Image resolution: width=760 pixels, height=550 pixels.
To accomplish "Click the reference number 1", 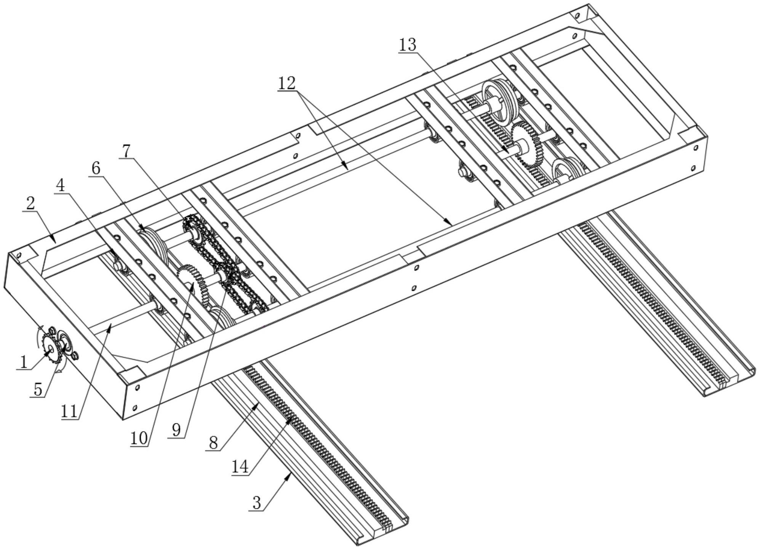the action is pos(24,362).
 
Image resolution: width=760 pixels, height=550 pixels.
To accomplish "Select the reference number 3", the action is pos(257,503).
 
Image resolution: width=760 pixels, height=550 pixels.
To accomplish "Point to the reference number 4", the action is pos(60,186).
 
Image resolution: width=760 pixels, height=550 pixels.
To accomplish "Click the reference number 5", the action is pos(38,389).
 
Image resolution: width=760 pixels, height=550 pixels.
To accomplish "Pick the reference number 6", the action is pos(96,168).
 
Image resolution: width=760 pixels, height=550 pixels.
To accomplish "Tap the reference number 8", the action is pos(213,443).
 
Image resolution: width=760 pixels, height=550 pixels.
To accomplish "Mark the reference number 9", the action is pos(176,430).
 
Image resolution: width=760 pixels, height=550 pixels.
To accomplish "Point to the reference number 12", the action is pos(286,83).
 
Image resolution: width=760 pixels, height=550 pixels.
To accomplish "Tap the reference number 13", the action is pos(408,45).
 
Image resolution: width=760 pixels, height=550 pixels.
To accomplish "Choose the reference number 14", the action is pos(240,467).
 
